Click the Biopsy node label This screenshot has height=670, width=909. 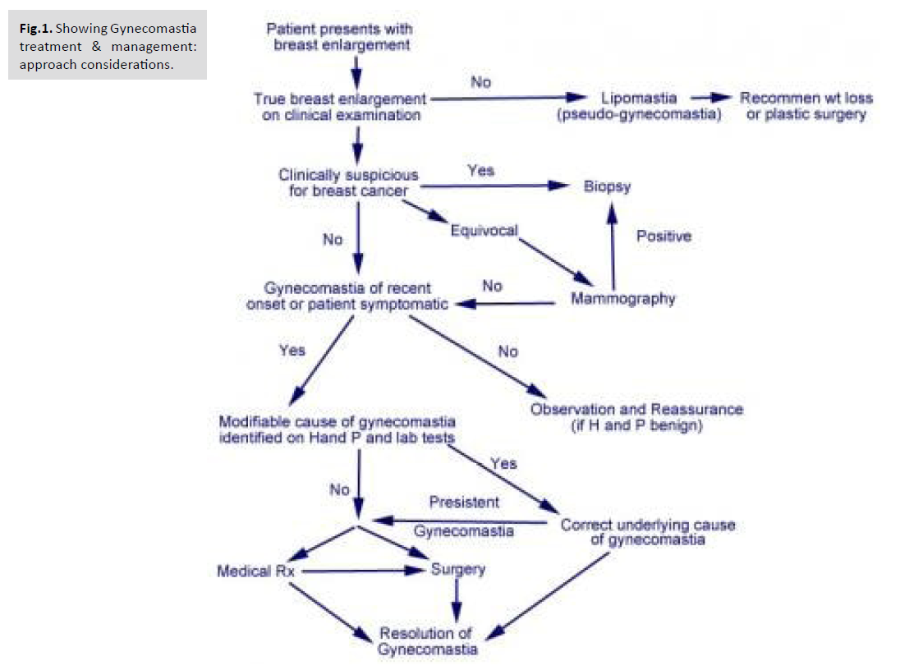click(x=608, y=186)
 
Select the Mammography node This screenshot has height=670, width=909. click(x=623, y=298)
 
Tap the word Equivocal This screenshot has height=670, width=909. click(x=484, y=231)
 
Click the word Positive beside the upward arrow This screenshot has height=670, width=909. click(x=664, y=236)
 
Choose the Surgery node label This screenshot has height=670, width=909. click(x=458, y=569)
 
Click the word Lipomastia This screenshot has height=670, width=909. click(x=638, y=99)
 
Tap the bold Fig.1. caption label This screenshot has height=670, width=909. click(x=36, y=28)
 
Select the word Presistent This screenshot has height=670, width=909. click(x=464, y=502)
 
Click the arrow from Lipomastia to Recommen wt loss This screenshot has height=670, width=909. click(x=711, y=99)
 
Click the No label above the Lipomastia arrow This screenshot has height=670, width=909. click(x=480, y=82)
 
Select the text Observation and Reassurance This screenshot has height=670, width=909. click(x=636, y=409)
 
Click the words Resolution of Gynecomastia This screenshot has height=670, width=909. click(x=428, y=641)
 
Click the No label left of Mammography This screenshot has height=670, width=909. click(x=493, y=286)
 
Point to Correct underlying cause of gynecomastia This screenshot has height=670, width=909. click(x=647, y=533)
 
